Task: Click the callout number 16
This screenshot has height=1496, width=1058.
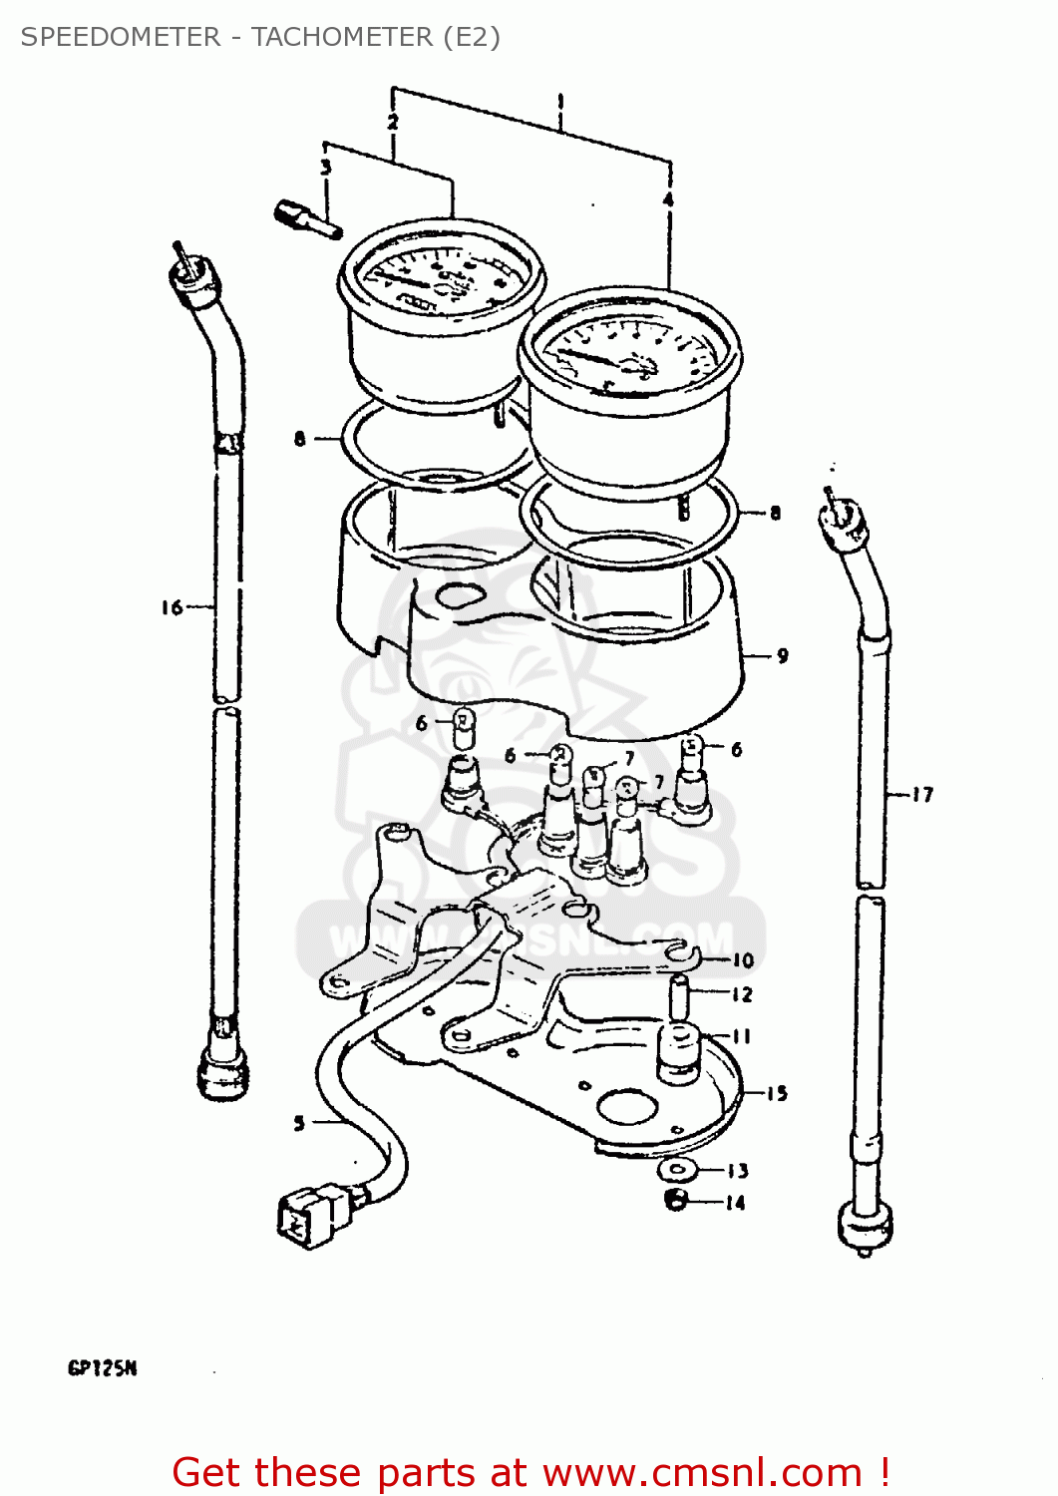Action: tap(172, 606)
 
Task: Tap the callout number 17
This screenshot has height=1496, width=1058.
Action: tap(922, 795)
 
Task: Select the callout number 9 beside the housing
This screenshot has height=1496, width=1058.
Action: tap(783, 656)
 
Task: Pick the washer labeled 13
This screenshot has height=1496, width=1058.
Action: tap(680, 1169)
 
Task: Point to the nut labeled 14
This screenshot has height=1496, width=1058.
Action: tap(676, 1200)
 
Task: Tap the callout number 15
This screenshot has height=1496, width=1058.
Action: tap(777, 1093)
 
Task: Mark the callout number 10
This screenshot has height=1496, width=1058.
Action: tap(744, 960)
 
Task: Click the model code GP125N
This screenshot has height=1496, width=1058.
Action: tap(102, 1368)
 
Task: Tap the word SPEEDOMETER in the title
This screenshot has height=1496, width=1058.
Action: tap(121, 37)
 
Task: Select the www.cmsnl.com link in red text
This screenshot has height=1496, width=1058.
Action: tap(702, 1472)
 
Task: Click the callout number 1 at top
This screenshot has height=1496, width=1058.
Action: tap(560, 101)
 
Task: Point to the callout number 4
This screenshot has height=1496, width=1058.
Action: tap(668, 199)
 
